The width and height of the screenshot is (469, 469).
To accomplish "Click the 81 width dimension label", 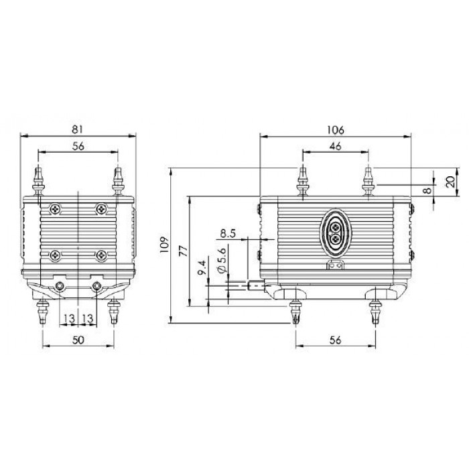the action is pyautogui.click(x=78, y=129).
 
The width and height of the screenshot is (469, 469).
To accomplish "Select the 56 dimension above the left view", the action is pyautogui.click(x=78, y=146).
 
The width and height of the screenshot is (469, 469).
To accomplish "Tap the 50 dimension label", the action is pyautogui.click(x=78, y=340).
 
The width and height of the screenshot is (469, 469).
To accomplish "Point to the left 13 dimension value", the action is pyautogui.click(x=69, y=318).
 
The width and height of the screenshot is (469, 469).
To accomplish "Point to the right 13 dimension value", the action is pyautogui.click(x=88, y=318).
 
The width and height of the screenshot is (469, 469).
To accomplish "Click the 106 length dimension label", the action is pyautogui.click(x=336, y=130).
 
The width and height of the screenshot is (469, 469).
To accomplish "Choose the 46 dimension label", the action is pyautogui.click(x=335, y=146).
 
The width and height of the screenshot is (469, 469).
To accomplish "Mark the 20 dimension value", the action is pyautogui.click(x=451, y=182).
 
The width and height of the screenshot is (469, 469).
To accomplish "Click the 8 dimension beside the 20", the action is pyautogui.click(x=428, y=190).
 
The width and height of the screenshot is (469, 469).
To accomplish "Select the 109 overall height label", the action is pyautogui.click(x=165, y=245).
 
